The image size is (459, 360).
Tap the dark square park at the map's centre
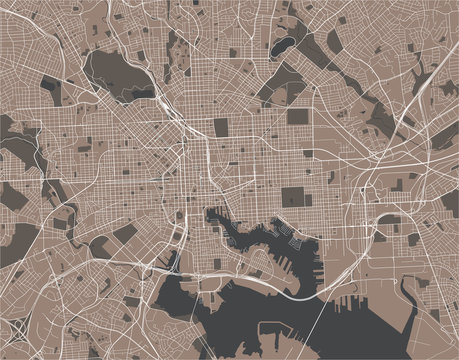coord(220,127)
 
